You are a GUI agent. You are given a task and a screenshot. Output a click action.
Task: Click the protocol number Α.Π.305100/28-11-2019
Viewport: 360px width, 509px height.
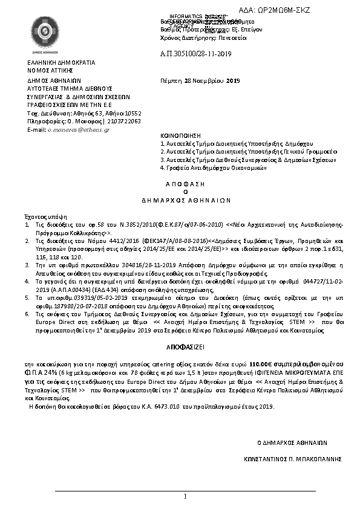pyautogui.click(x=195, y=54)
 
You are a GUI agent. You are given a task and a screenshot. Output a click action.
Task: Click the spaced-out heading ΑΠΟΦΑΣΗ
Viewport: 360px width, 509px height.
pyautogui.click(x=185, y=183)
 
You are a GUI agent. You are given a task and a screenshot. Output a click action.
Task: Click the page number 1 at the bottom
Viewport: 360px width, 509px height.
pyautogui.click(x=185, y=496)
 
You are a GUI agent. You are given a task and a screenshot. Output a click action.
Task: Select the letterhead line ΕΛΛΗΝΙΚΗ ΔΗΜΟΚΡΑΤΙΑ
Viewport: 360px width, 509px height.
pyautogui.click(x=61, y=63)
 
